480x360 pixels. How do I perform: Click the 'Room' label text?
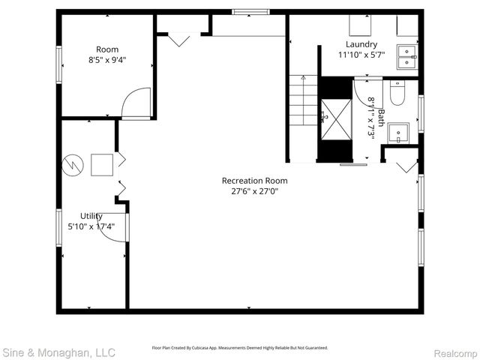106,49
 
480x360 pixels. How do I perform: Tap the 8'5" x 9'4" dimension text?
106,61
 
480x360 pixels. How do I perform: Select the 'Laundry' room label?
361,44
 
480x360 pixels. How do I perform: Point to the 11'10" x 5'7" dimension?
361,55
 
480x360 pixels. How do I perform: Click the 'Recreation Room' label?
254,180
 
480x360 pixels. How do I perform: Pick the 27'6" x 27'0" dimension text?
254,190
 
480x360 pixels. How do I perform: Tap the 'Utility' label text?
91,216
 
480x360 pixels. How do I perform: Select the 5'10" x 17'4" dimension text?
91,226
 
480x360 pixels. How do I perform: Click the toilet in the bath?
397,92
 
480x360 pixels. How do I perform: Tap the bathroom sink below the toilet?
399,133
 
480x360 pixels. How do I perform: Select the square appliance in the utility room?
101,164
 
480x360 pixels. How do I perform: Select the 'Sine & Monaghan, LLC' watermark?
58,352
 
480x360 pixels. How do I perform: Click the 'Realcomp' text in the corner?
451,352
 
